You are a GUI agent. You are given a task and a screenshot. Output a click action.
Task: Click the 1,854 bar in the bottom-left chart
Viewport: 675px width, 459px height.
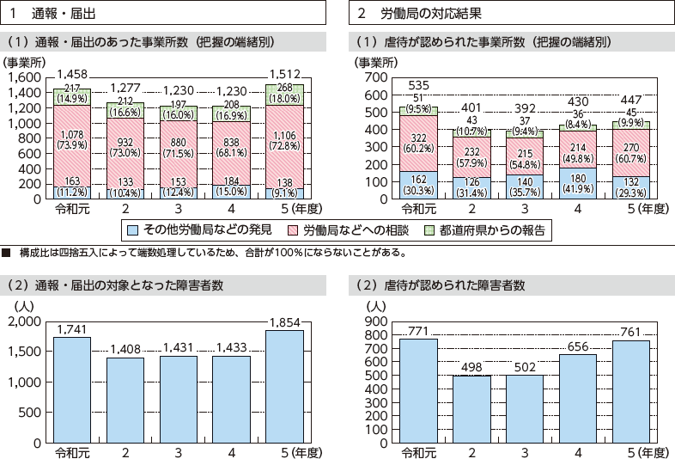(285, 387)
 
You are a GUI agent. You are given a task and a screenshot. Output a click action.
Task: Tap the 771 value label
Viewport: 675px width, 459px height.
(418, 330)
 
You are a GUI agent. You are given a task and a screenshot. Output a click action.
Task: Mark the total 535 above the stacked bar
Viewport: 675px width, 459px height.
(418, 86)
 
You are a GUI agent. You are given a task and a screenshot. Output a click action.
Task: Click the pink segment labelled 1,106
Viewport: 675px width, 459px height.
(285, 140)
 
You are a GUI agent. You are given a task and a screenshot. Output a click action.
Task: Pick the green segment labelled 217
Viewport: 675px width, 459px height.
(72, 95)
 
